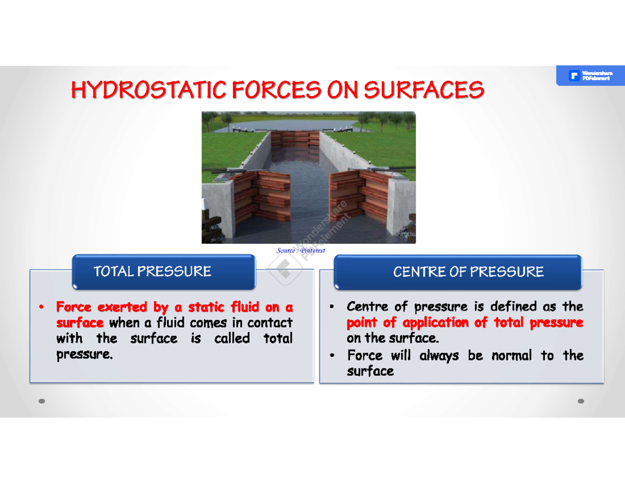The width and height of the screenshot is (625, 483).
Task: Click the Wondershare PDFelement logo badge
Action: click(590, 76)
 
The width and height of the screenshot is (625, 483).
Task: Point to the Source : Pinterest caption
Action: click(301, 251)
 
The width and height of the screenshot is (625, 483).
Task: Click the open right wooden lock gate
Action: click(360, 195)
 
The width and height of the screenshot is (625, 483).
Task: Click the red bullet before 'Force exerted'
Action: click(41, 307)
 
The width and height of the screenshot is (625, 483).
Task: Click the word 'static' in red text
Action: click(206, 306)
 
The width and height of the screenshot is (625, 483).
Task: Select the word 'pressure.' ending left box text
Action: click(84, 355)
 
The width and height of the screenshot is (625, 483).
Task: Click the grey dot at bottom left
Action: click(42, 401)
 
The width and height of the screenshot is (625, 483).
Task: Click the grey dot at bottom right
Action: click(581, 401)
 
